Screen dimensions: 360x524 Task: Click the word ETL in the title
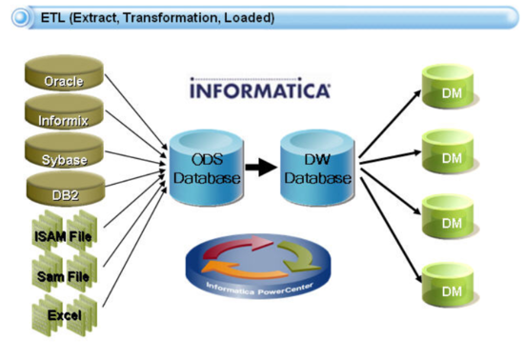pos(54,17)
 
